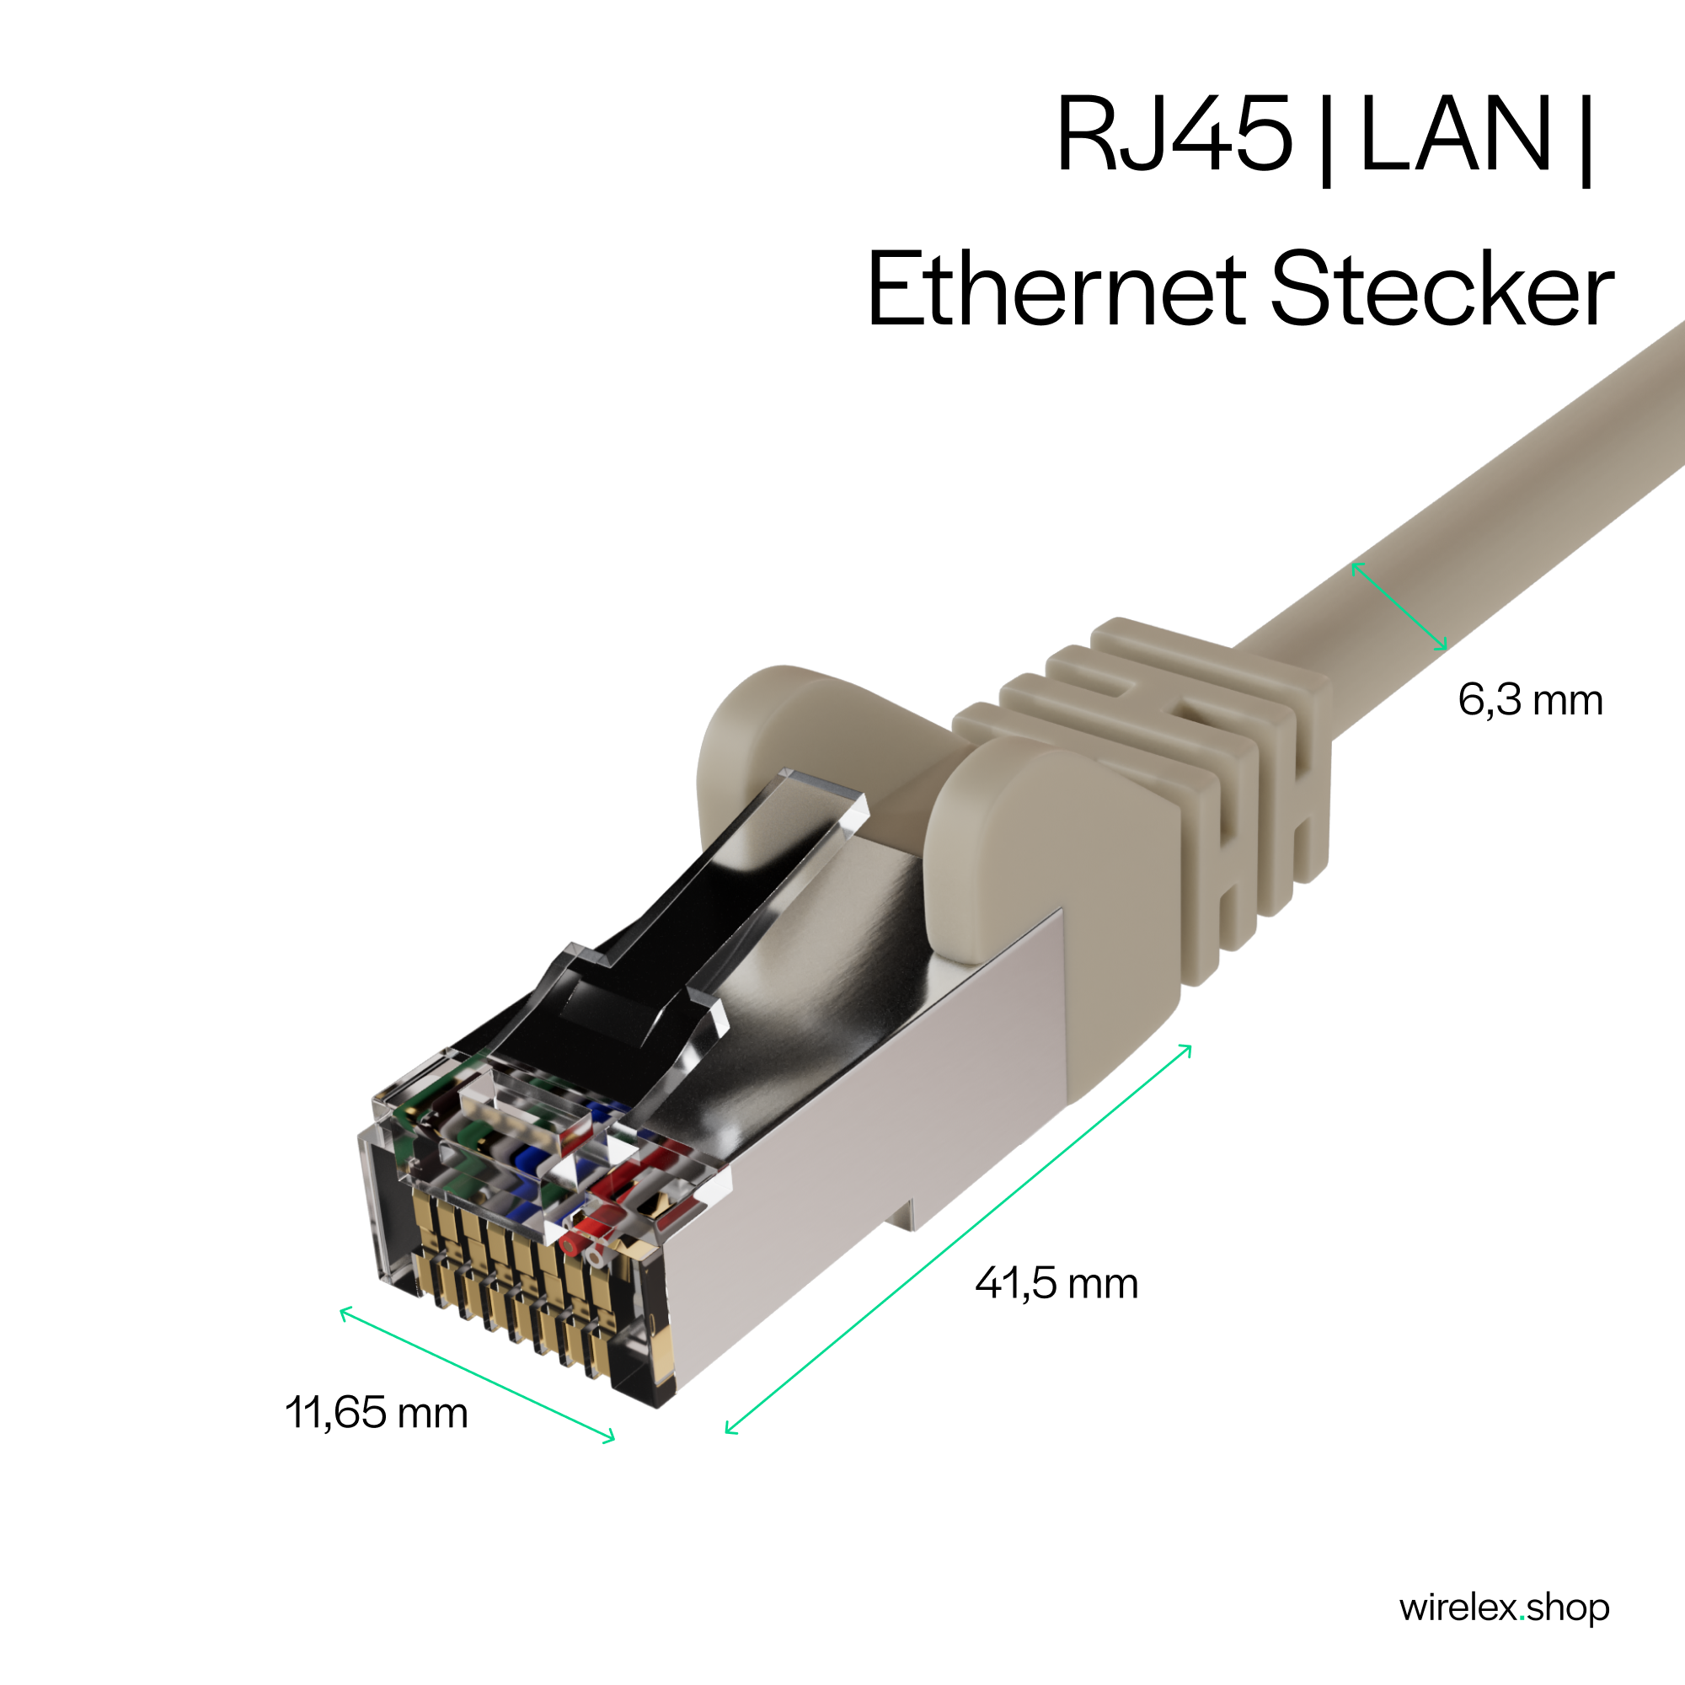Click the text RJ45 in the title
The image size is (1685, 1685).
coord(1173,134)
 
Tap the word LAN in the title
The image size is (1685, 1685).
coord(1456,134)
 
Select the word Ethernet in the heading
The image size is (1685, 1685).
coord(1056,289)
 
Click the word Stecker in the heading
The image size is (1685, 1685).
coord(1442,289)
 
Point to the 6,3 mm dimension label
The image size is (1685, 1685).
coord(1531,699)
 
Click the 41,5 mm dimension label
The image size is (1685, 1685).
coord(1056,1283)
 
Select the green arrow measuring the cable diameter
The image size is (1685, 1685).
coord(1399,606)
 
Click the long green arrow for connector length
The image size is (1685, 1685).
coord(959,1238)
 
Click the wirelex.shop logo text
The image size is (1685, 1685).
coord(1505,1607)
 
